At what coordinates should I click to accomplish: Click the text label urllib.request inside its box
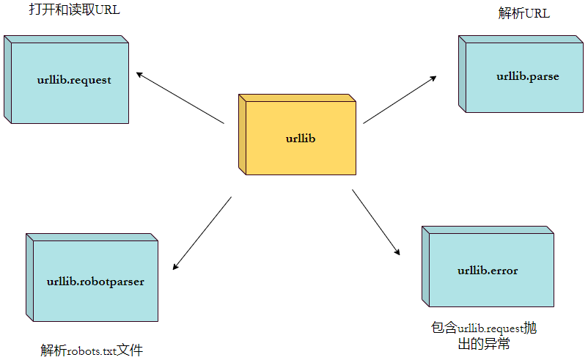pyautogui.click(x=74, y=80)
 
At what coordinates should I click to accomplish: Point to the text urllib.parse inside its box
pyautogui.click(x=527, y=76)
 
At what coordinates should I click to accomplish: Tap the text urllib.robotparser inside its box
pyautogui.click(x=95, y=281)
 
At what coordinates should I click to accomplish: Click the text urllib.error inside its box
pyautogui.click(x=488, y=271)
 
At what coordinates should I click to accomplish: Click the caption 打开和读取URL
pyautogui.click(x=73, y=10)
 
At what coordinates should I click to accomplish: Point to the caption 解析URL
pyautogui.click(x=523, y=14)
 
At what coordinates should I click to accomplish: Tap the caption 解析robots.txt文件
pyautogui.click(x=92, y=350)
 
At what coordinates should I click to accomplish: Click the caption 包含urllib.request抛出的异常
pyautogui.click(x=488, y=335)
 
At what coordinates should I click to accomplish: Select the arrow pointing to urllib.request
pyautogui.click(x=180, y=97)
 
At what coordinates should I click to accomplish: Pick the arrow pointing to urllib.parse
pyautogui.click(x=400, y=99)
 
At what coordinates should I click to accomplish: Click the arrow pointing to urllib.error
pyautogui.click(x=376, y=222)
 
